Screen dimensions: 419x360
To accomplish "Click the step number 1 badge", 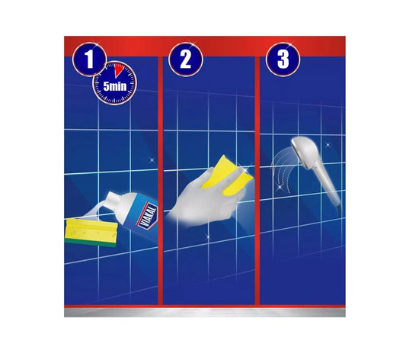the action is coord(89,59).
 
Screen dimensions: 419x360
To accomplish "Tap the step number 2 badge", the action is coord(186,59).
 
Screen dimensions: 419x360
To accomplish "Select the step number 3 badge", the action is coord(283,59).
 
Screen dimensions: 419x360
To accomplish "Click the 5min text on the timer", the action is coord(114,86).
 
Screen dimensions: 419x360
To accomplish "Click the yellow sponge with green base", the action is coord(91,232).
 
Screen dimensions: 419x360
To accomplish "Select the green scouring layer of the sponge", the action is coord(91,243).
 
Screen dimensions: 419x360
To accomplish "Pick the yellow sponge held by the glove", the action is coord(226,175).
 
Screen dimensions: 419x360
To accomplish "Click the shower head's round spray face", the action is coord(296,148).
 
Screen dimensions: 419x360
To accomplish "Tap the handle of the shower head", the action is coord(328,186).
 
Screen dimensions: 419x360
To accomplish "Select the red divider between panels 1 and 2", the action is coord(160,181).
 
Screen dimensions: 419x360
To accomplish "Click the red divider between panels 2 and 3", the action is coord(257,181).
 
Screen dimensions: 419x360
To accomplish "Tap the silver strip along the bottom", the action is coord(205,313).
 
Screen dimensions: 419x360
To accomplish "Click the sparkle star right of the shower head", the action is coord(328,145).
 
